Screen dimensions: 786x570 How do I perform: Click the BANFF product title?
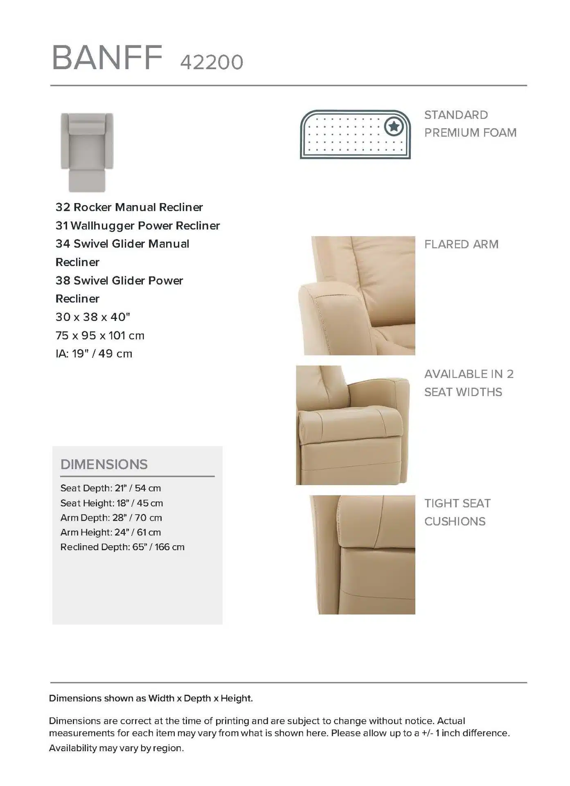(107, 58)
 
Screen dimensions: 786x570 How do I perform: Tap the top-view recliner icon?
(87, 152)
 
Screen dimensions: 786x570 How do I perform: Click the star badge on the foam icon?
(394, 126)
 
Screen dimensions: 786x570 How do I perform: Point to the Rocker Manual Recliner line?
(129, 207)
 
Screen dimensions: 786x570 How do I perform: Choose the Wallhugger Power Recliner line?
(138, 226)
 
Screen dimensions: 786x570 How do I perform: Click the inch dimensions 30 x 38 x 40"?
(93, 317)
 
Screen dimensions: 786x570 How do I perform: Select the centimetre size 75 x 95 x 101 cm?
(100, 335)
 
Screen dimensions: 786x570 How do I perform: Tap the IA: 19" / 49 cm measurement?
(94, 354)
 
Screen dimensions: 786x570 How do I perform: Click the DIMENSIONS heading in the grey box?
(104, 464)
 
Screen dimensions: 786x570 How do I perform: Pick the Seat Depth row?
(110, 488)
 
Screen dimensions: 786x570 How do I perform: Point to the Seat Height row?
(111, 503)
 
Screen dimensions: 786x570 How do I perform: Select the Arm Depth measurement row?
(111, 517)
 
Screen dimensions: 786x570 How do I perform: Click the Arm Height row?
(110, 532)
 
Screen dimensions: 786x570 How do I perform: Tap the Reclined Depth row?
(122, 547)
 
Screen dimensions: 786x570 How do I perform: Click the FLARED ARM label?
(461, 244)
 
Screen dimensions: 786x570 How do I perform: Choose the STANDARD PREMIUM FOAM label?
(470, 124)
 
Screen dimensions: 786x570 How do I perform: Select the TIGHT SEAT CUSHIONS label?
(457, 512)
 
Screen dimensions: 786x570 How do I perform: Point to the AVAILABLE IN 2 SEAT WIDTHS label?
(469, 383)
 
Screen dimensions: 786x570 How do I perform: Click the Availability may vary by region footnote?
(116, 748)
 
